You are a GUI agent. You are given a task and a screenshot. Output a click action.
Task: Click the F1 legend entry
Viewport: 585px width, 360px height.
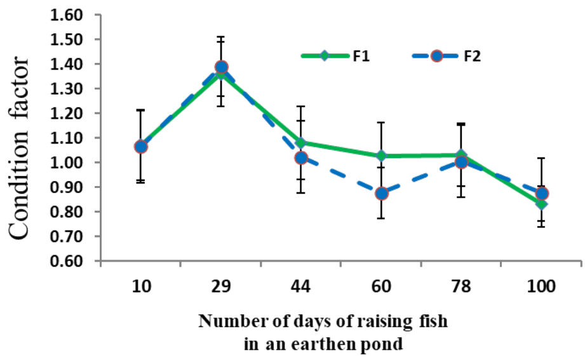[x=337, y=56]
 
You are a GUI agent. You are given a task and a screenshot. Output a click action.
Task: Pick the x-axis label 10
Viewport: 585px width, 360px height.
[x=140, y=286]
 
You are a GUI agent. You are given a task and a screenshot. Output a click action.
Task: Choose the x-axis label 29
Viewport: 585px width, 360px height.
[x=220, y=286]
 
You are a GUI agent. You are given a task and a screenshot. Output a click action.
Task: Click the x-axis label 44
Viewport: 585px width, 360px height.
[x=301, y=286]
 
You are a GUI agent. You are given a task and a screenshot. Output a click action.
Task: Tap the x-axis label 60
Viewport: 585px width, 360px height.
[x=381, y=286]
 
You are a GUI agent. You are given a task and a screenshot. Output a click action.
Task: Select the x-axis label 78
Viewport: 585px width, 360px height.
[x=461, y=286]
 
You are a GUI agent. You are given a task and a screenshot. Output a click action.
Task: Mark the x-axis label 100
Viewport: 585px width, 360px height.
[x=542, y=286]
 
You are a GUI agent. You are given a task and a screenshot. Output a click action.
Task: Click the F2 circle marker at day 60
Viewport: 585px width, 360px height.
[x=381, y=193]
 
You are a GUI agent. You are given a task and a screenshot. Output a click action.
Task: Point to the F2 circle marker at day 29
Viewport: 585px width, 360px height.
[x=221, y=67]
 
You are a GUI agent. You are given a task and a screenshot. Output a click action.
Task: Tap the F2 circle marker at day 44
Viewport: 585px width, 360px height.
[x=301, y=157]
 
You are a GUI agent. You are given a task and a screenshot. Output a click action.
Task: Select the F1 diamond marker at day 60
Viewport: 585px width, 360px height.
[x=381, y=156]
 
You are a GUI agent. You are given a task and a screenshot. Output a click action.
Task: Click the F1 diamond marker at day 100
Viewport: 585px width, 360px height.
[x=541, y=204]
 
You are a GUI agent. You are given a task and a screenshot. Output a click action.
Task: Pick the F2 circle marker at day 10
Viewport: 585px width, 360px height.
[x=141, y=147]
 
